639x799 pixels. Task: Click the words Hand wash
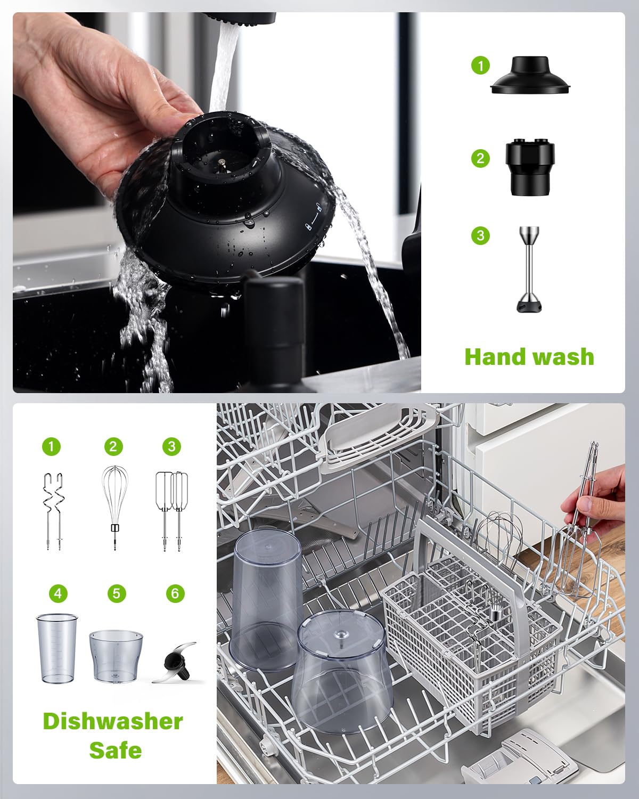click(x=529, y=357)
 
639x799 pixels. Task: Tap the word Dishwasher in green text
click(x=113, y=721)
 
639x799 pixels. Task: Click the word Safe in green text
click(x=115, y=750)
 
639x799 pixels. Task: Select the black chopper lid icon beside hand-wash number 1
click(x=531, y=76)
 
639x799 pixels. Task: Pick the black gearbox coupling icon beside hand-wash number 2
click(x=530, y=166)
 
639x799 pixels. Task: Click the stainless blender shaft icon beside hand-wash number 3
click(x=529, y=269)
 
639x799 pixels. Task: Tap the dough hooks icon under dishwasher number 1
click(x=53, y=510)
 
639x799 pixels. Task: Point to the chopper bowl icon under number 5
click(x=116, y=656)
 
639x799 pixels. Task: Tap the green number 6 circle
click(x=175, y=593)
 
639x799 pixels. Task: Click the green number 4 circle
click(x=58, y=593)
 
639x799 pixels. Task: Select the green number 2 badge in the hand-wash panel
click(x=480, y=158)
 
